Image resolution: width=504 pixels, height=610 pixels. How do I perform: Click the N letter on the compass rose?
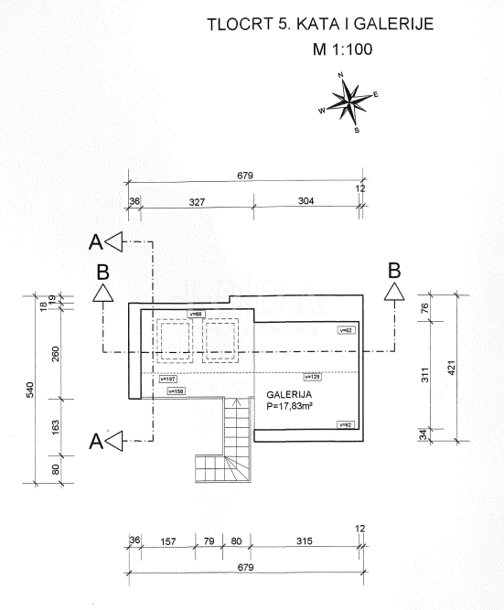340,75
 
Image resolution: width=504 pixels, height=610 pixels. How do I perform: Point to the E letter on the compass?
375,93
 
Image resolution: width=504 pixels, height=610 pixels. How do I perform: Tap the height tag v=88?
195,314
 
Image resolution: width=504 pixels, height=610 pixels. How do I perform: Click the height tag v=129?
312,376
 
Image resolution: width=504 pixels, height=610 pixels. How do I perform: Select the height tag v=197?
167,378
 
